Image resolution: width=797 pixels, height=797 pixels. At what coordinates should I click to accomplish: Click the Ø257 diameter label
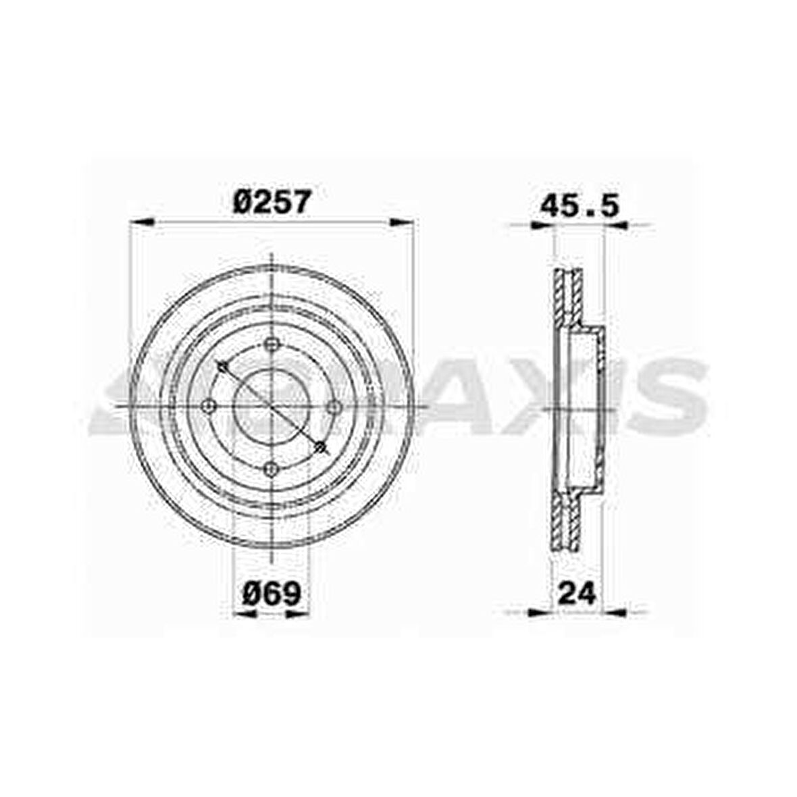[271, 202]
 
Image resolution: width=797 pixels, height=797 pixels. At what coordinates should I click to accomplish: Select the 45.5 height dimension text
[580, 206]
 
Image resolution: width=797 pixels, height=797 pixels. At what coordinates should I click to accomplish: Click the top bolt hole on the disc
[272, 344]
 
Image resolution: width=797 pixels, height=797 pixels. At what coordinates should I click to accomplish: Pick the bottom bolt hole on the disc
[272, 469]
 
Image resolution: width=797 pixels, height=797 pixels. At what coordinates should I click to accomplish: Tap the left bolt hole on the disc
[209, 407]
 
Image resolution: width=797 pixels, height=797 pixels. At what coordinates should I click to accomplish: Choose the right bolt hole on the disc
[334, 407]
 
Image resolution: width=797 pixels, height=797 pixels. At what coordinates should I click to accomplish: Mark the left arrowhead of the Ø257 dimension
[143, 222]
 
